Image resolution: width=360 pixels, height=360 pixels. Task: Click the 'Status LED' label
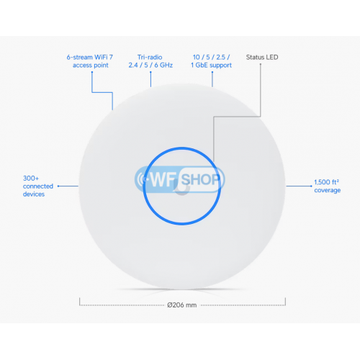[262, 58]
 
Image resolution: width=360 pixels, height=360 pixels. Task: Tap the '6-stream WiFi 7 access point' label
[90, 61]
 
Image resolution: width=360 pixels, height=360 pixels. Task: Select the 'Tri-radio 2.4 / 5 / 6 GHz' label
[150, 61]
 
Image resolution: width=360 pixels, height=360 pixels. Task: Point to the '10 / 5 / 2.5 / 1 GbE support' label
[211, 61]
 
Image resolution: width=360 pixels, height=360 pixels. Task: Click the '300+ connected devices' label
[38, 186]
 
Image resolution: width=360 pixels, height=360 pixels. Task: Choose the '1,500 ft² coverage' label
[328, 186]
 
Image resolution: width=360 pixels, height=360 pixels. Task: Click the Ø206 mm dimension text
[182, 305]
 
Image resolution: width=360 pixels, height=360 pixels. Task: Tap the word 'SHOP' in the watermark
[200, 179]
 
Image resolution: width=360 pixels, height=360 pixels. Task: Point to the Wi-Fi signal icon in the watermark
[143, 179]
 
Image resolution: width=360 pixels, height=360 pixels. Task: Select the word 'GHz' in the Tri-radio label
[166, 66]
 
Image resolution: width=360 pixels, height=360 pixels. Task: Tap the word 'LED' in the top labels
[271, 58]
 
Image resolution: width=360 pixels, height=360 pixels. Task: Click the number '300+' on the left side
[31, 179]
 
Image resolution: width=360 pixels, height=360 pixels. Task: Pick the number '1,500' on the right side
[322, 182]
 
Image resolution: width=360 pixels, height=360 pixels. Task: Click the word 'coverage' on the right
[328, 190]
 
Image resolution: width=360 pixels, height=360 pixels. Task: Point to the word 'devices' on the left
[34, 194]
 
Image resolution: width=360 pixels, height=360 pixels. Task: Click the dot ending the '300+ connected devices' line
[58, 186]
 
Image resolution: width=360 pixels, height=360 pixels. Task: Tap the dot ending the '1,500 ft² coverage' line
[311, 186]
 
